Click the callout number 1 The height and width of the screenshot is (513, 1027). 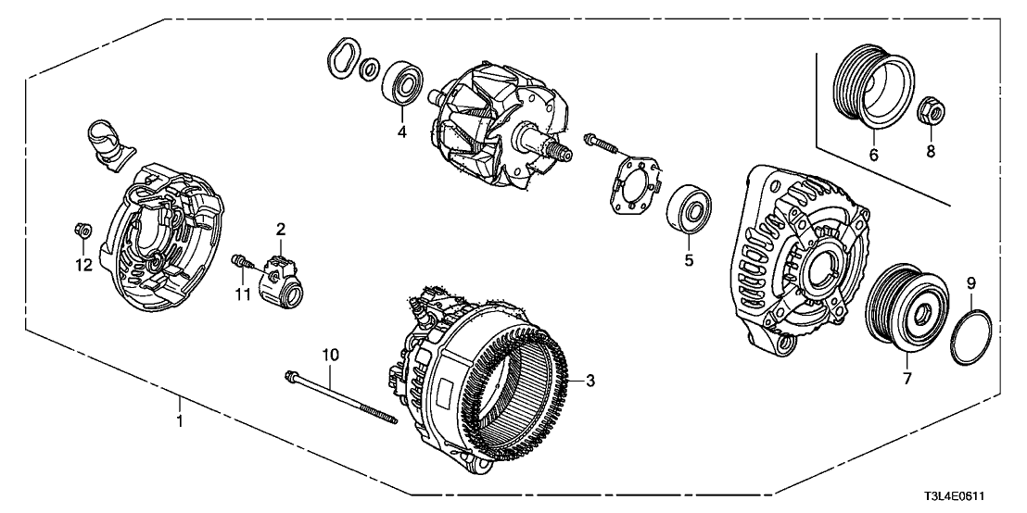click(180, 421)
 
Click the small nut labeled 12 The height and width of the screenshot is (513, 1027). click(81, 231)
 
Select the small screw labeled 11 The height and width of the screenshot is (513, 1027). click(241, 262)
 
